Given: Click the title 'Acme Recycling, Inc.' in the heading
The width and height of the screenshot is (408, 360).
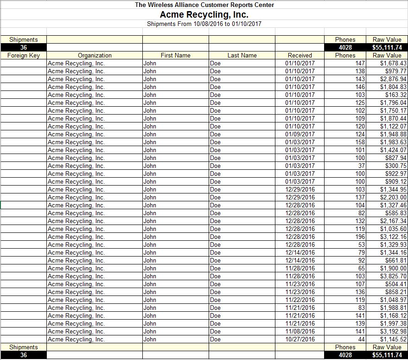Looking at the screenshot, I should coord(204,14).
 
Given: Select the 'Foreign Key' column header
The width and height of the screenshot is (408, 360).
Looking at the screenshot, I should coord(24,55).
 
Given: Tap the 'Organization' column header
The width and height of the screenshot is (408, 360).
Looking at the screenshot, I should coord(95,55).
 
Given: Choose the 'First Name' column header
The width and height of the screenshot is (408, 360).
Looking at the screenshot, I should coord(175,55).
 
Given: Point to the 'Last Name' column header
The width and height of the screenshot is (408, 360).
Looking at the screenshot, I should coord(242,55).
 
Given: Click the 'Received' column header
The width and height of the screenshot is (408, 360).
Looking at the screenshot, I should coord(300,55).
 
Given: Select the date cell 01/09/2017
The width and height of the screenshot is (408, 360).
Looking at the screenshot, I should coord(300,134).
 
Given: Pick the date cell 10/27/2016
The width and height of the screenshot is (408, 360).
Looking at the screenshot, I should coord(300,339).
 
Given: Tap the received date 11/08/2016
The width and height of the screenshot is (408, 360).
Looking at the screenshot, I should coord(300,331).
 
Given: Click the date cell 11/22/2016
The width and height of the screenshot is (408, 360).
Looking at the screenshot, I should coord(300,300).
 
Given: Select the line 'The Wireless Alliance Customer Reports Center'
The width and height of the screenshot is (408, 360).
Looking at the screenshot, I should coord(204,5).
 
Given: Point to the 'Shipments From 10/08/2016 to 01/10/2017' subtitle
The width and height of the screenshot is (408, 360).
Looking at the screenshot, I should coord(204,24).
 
